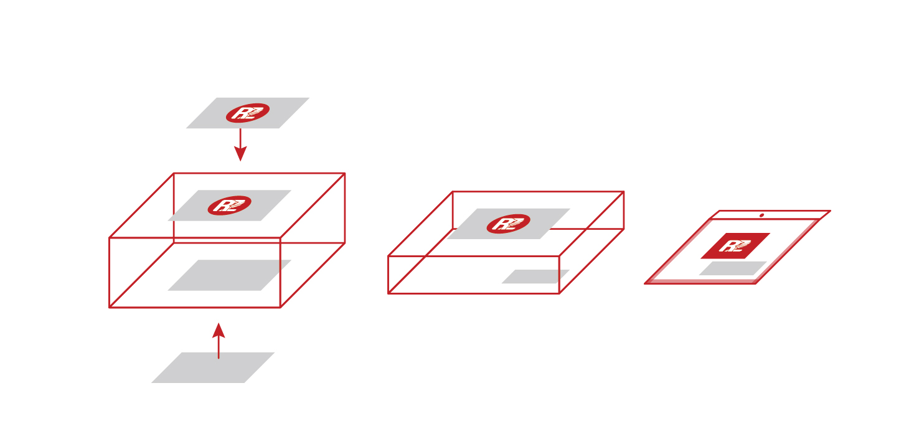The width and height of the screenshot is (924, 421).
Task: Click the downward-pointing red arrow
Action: (240, 144)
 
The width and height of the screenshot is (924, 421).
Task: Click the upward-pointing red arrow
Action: (219, 341)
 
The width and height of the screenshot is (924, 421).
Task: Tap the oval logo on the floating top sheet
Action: (248, 113)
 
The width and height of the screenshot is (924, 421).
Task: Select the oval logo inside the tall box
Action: (229, 205)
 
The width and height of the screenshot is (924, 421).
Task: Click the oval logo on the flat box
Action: (509, 224)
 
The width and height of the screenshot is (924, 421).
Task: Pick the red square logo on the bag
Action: (735, 246)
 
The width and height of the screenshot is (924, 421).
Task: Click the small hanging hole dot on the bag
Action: (761, 215)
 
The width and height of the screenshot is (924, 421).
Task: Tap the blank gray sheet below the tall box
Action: (213, 368)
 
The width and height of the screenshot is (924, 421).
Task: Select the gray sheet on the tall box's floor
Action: (229, 275)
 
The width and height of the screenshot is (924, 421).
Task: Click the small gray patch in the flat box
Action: (535, 277)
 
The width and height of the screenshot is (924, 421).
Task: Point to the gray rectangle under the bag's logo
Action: (733, 268)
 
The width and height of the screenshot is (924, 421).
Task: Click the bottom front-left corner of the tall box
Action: (110, 308)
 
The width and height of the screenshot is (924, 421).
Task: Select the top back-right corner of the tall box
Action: (345, 173)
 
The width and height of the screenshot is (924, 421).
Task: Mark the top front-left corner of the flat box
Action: (388, 256)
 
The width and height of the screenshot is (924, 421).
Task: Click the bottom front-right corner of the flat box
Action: (559, 293)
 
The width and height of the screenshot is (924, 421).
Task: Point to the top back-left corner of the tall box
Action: (174, 173)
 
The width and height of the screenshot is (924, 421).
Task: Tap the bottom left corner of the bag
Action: (644, 283)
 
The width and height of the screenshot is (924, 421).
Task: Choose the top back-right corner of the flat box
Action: (624, 192)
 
